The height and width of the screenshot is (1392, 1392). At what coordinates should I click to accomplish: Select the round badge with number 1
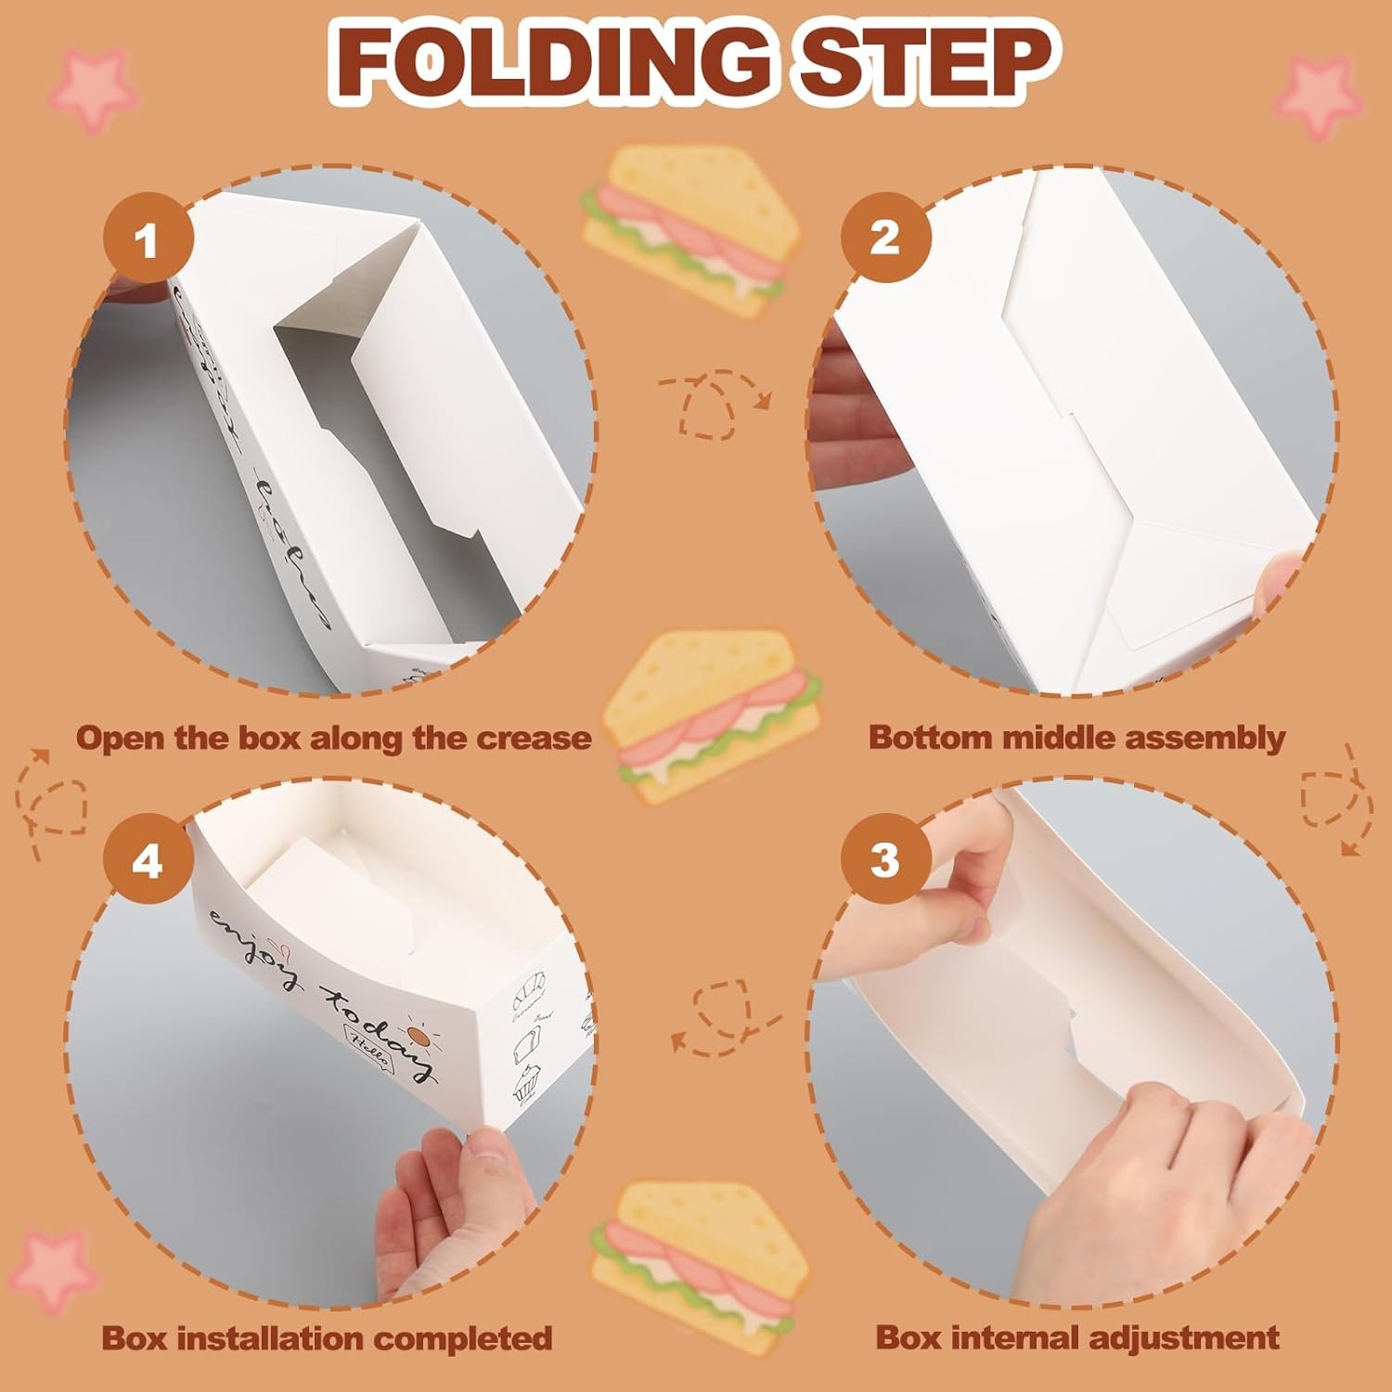click(148, 241)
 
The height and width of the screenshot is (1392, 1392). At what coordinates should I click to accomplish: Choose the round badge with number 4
click(148, 862)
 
